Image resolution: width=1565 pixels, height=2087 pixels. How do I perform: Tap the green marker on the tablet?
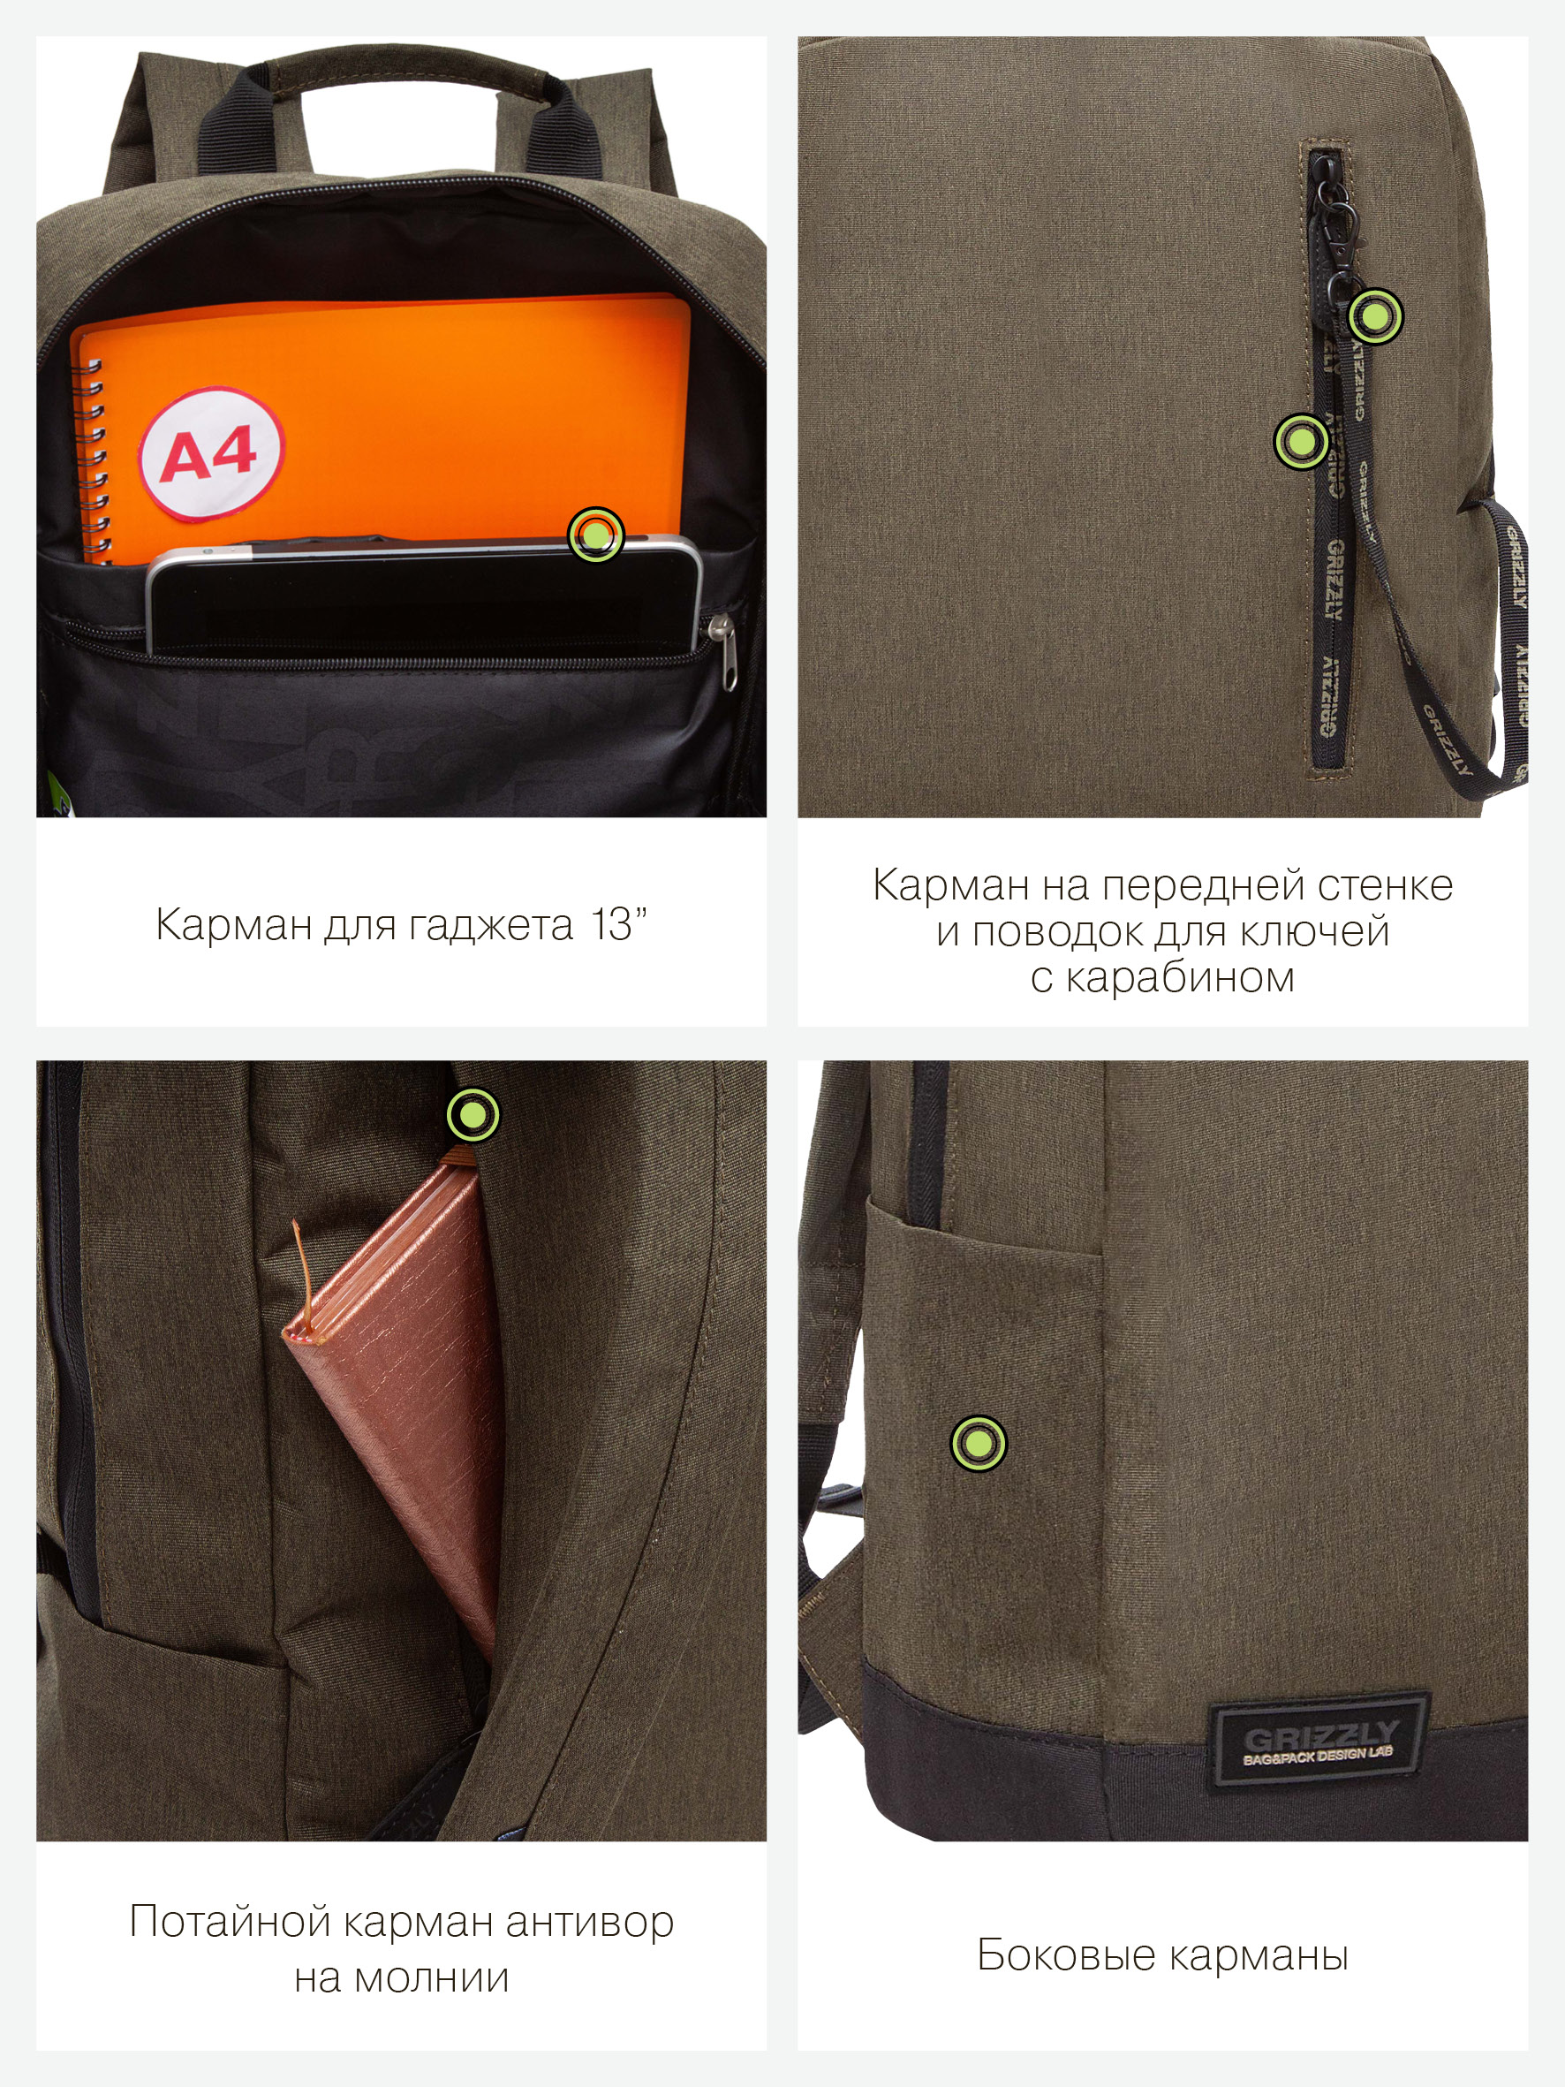point(596,535)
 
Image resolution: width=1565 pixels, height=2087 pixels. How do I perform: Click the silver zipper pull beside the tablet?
point(722,651)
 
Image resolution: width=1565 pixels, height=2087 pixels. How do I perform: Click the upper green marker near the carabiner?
point(1375,315)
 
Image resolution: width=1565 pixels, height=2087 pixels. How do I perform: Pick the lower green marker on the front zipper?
point(1302,441)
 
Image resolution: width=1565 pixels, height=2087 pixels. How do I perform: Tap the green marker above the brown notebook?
point(473,1114)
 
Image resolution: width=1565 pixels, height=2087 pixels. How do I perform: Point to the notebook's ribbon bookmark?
point(304,1279)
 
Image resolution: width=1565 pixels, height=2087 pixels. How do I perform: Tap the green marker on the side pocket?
point(979,1443)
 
